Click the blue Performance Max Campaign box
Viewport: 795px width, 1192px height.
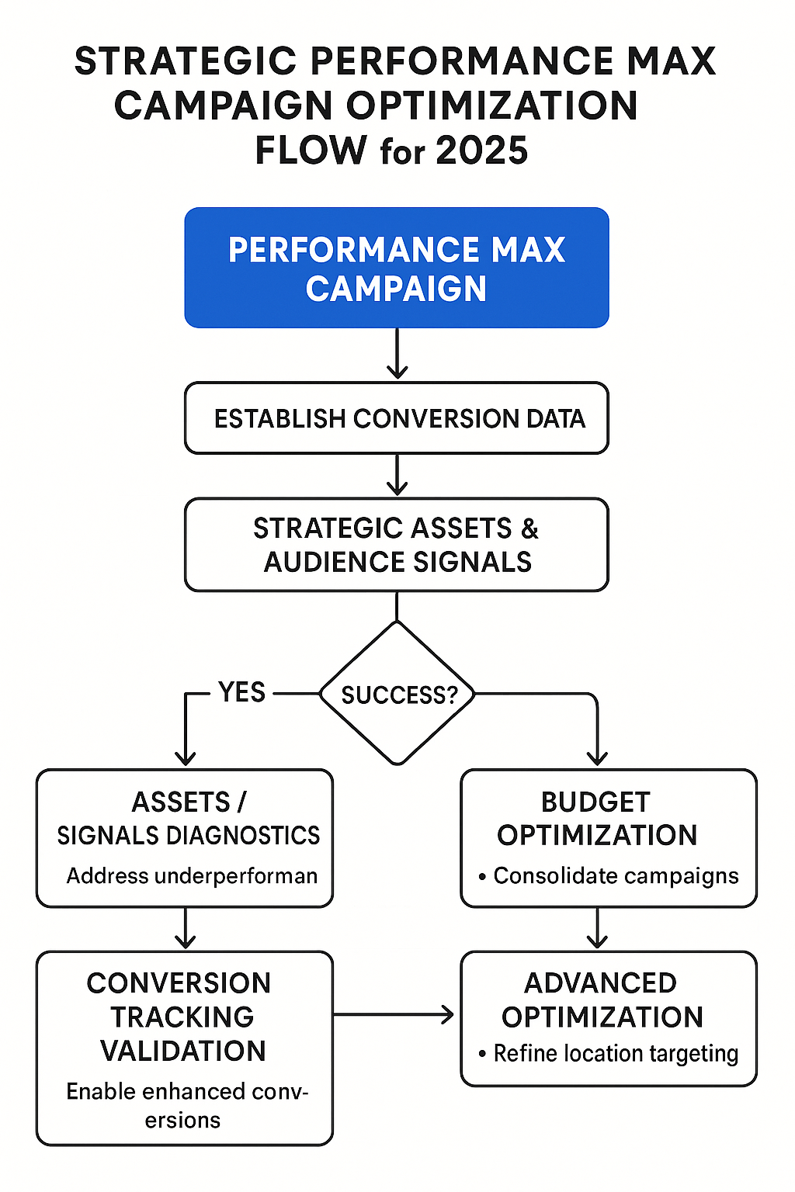pyautogui.click(x=396, y=268)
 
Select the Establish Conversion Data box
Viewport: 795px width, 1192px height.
pyautogui.click(x=396, y=418)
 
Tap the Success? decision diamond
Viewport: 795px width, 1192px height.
pyautogui.click(x=397, y=694)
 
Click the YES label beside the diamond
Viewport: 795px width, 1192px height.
pyautogui.click(x=241, y=692)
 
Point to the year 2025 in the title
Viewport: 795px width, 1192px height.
pyautogui.click(x=481, y=151)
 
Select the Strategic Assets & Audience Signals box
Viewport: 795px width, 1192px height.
pyautogui.click(x=396, y=545)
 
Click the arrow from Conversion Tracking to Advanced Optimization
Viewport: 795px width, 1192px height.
pyautogui.click(x=394, y=1014)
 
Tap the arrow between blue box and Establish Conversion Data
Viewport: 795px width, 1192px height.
pyautogui.click(x=397, y=355)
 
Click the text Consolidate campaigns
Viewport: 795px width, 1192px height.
pyautogui.click(x=616, y=876)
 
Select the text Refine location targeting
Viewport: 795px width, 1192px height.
pyautogui.click(x=616, y=1054)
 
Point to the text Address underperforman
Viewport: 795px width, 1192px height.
pyautogui.click(x=192, y=876)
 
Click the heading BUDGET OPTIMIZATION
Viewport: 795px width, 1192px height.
pyautogui.click(x=596, y=819)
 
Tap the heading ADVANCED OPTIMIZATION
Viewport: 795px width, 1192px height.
pyautogui.click(x=602, y=1000)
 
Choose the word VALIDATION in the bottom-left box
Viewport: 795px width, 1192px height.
pyautogui.click(x=183, y=1052)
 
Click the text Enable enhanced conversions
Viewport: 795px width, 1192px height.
pyautogui.click(x=186, y=1105)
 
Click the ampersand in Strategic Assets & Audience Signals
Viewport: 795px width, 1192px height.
pyautogui.click(x=529, y=528)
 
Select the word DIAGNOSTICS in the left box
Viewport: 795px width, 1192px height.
pyautogui.click(x=242, y=836)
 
